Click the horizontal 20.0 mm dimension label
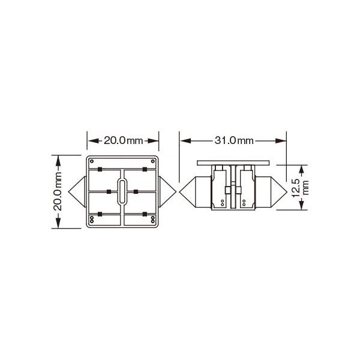[x=124, y=140]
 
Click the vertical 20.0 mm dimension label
[x=58, y=191]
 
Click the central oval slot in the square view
[x=124, y=191]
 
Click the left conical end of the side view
[x=195, y=191]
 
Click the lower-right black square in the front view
[x=146, y=214]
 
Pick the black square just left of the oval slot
[x=109, y=191]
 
